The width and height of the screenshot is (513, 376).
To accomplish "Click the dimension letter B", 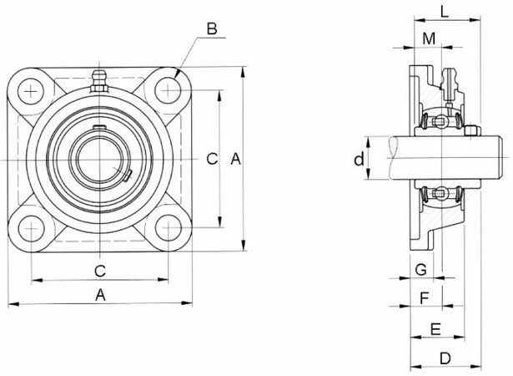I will point(212,29).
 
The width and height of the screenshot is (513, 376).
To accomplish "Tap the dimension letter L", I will point(445,12).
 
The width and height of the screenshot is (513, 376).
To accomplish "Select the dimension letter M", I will point(429,38).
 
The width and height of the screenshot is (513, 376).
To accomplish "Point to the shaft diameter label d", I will point(359,159).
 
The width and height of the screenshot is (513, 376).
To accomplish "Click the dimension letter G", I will point(420,269).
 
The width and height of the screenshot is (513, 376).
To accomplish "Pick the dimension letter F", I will point(425,297).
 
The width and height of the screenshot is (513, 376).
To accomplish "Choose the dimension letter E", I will point(435,328).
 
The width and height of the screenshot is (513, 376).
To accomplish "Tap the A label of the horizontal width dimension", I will point(100,294).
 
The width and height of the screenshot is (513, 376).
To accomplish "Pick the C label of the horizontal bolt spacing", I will point(99,270).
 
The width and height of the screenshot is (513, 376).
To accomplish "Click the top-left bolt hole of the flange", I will point(31,89).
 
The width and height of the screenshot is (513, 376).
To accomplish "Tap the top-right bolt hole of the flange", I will point(168,89).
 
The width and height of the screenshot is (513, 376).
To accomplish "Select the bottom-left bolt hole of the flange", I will point(31,227).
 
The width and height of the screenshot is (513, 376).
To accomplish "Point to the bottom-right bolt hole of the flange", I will point(168,227).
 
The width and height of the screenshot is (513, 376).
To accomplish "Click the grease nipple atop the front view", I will point(99,82).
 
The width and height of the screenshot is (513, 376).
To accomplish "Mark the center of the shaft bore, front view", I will point(99,159).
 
